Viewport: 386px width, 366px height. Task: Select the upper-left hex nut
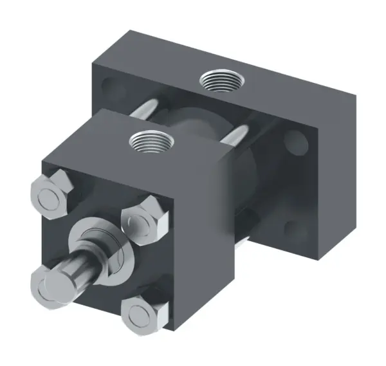(50, 196)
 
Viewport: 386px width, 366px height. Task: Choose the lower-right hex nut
(142, 314)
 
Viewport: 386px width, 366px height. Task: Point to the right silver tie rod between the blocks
(237, 136)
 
